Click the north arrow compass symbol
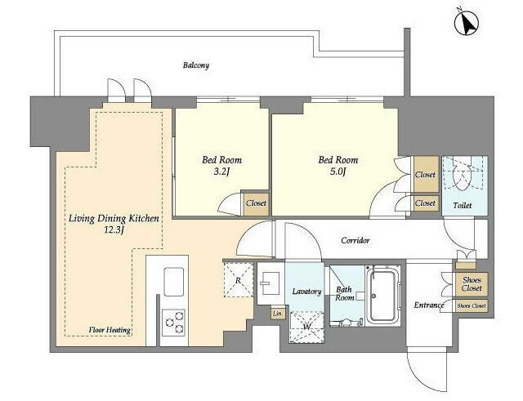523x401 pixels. coord(467,23)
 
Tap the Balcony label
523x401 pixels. coord(196,65)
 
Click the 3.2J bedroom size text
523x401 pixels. coord(221,172)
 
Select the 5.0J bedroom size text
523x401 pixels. coord(337,172)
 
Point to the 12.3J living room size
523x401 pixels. coord(114,230)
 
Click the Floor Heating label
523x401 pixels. coord(110,330)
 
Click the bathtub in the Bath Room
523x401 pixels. coord(382,296)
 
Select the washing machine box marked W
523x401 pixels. coord(306,327)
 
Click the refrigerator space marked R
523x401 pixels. coord(238,279)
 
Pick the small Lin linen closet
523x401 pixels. coord(277,314)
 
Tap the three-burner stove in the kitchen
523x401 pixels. coord(173,323)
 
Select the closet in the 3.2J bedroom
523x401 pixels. coord(256,203)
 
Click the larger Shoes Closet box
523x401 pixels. coord(472,284)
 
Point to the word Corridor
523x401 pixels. coord(355,240)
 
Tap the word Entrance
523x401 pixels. coord(429,305)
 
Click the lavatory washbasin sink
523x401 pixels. coord(270,283)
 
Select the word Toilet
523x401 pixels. coord(463,205)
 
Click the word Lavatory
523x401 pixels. coord(306,292)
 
